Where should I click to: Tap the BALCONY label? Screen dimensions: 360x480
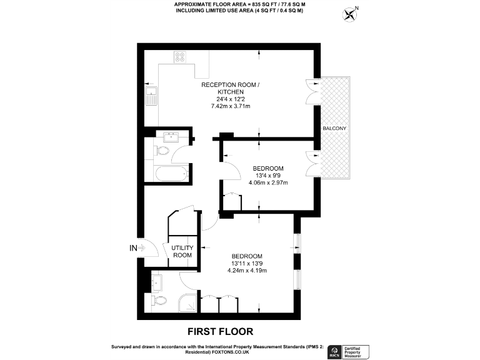pyautogui.click(x=334, y=128)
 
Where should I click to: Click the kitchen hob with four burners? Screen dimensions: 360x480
pyautogui.click(x=180, y=57)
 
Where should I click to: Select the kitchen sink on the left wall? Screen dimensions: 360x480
pyautogui.click(x=151, y=97)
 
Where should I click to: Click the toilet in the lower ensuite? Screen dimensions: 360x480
pyautogui.click(x=159, y=301)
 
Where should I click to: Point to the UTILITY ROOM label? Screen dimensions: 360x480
pyautogui.click(x=182, y=251)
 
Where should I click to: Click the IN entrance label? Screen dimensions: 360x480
pyautogui.click(x=132, y=248)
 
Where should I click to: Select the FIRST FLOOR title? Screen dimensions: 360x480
pyautogui.click(x=221, y=331)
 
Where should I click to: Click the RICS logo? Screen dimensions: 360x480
pyautogui.click(x=334, y=351)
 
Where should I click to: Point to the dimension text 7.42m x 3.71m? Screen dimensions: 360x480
pyautogui.click(x=230, y=106)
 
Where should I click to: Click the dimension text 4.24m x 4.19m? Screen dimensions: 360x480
pyautogui.click(x=249, y=271)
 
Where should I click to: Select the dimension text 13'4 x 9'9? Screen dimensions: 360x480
pyautogui.click(x=268, y=176)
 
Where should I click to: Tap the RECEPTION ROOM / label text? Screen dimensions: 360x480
pyautogui.click(x=230, y=84)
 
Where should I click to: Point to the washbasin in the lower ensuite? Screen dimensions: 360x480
pyautogui.click(x=157, y=283)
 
